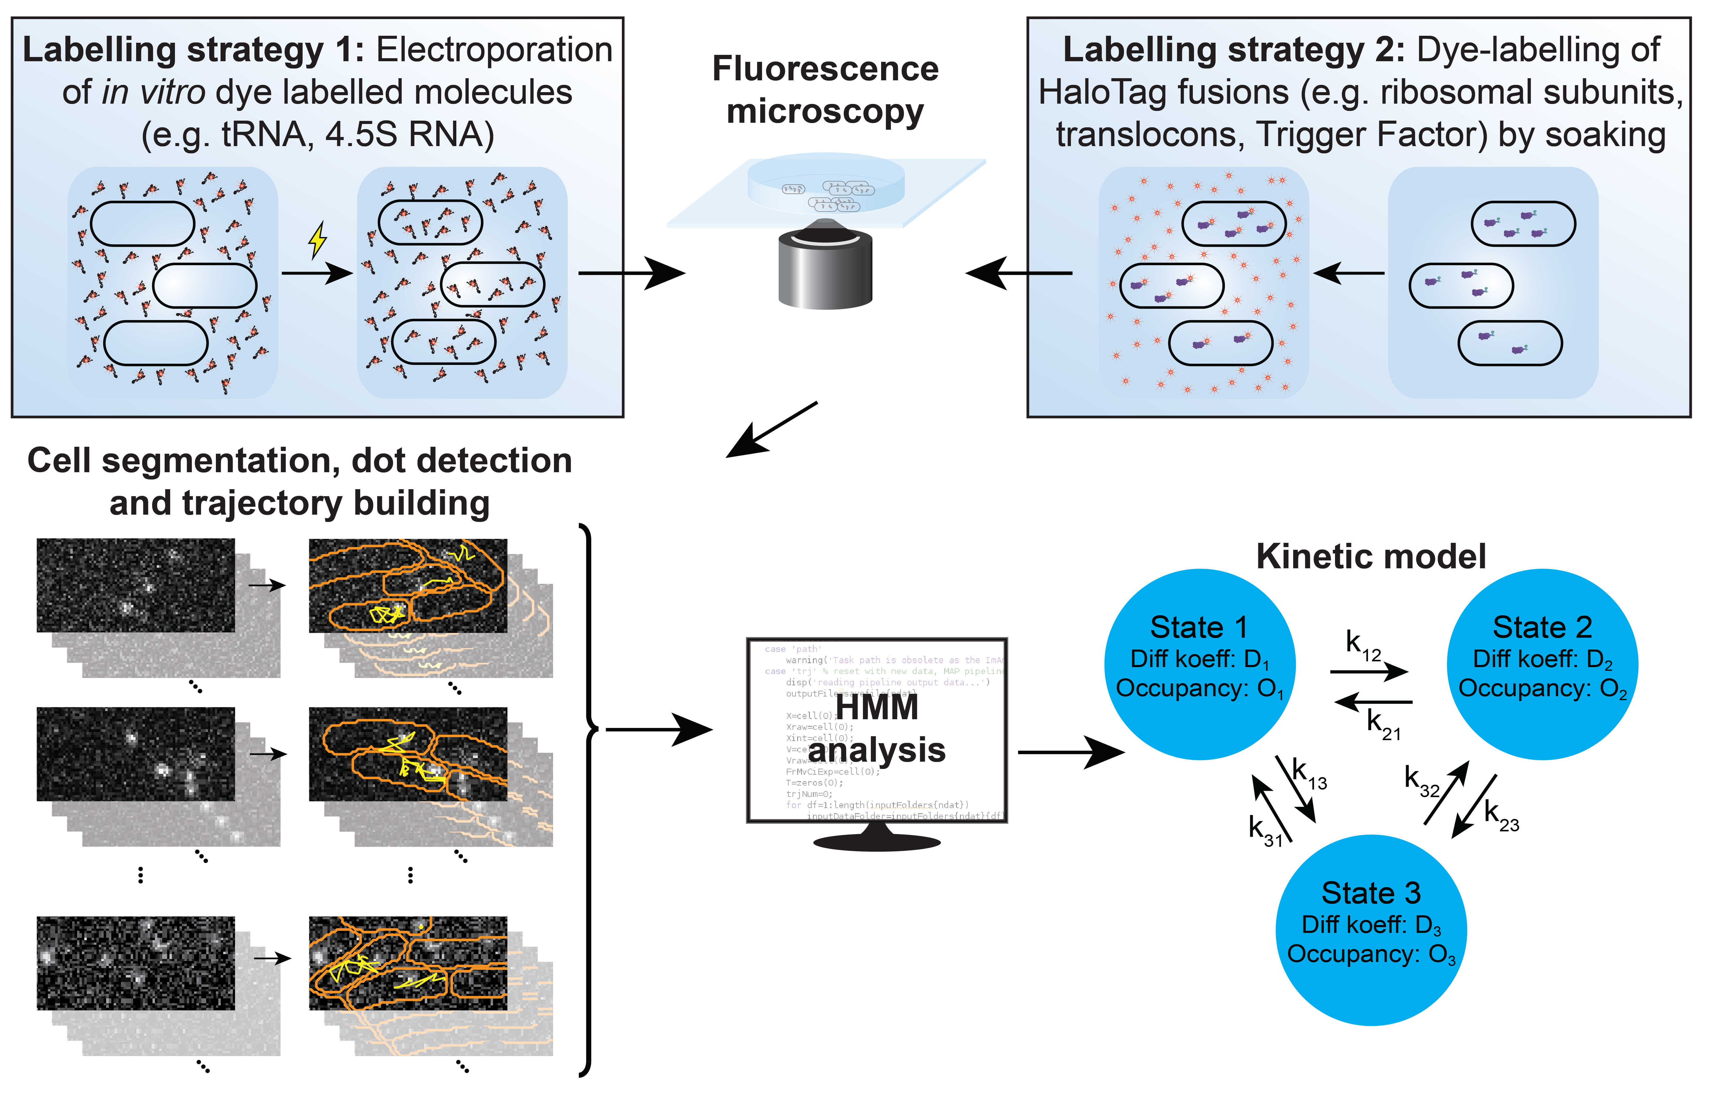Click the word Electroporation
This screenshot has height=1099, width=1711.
[494, 50]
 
